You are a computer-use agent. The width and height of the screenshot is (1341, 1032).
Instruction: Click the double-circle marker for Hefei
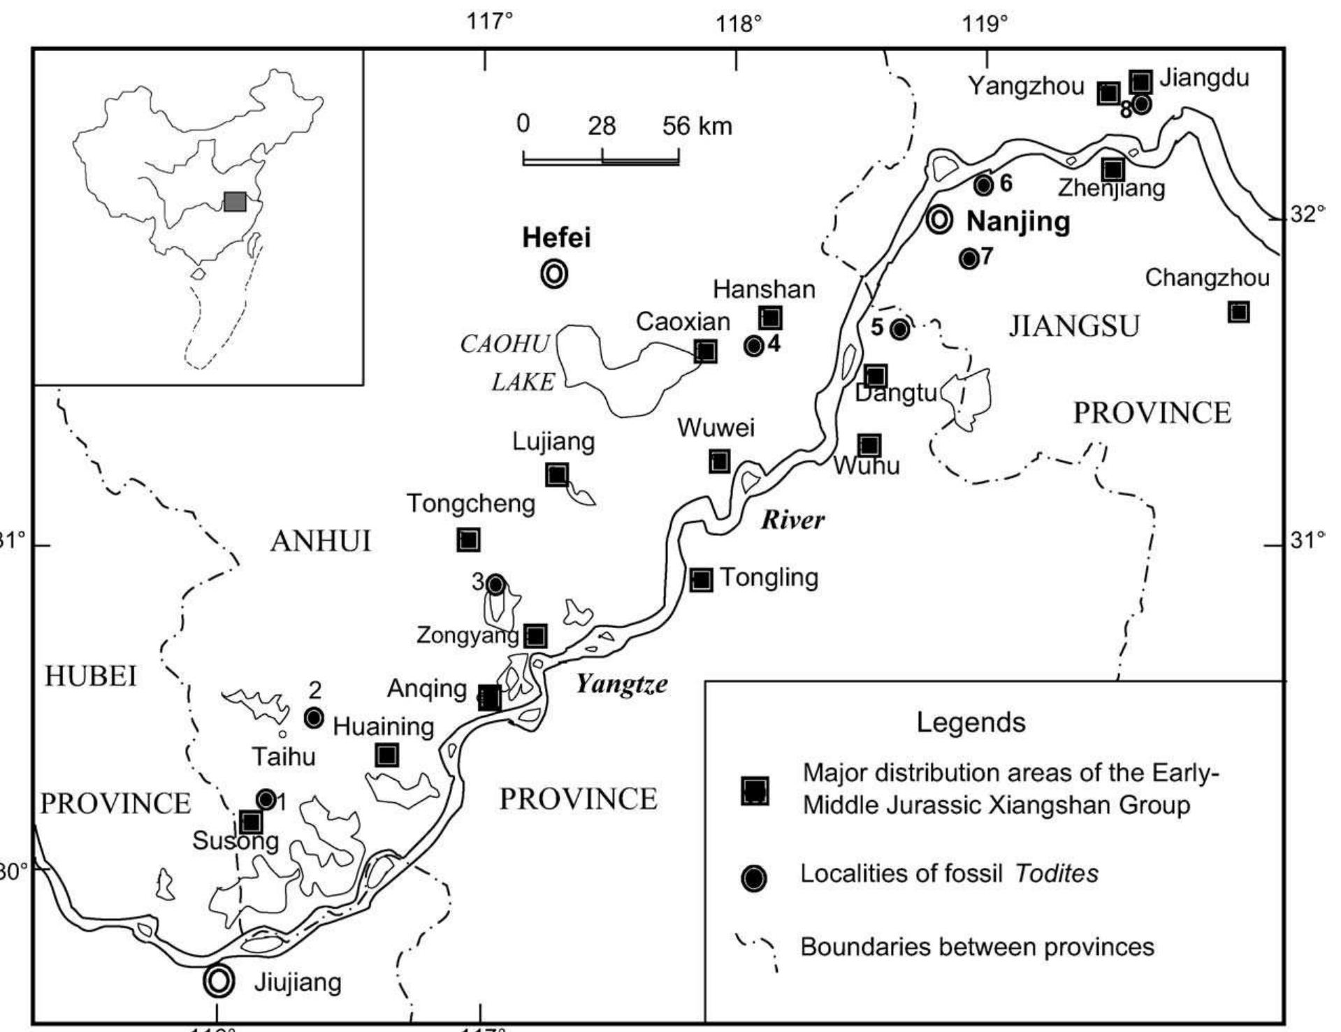coord(554,274)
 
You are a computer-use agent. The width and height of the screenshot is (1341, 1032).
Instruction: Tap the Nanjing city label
coord(1018,221)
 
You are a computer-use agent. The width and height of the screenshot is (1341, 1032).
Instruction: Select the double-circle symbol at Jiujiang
coord(217,980)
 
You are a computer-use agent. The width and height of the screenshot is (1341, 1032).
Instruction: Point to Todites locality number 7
coord(969,259)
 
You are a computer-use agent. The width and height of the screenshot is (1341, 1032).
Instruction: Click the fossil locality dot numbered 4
coord(753,345)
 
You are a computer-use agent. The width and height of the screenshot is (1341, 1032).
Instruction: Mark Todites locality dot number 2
coord(314,717)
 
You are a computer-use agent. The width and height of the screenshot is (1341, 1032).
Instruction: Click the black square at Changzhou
coord(1238,312)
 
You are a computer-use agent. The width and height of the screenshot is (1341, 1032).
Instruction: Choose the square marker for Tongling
coord(702,579)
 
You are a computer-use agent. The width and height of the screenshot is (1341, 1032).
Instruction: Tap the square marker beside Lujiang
coord(557,475)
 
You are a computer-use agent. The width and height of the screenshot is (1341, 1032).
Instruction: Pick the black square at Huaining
coord(386,755)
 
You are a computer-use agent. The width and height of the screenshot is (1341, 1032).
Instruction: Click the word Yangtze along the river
coord(621,684)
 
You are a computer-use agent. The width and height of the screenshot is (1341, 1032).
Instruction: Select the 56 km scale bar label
coord(697,126)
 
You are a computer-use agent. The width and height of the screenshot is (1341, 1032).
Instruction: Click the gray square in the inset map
coord(235,201)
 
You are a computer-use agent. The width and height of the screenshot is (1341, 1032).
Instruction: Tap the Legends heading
coord(971,722)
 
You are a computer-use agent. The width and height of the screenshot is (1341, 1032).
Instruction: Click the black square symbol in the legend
coord(755,791)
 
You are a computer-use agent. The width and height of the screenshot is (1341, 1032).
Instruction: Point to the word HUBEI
coord(91,676)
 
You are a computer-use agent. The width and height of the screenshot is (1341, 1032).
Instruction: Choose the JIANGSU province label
coord(1074,326)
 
